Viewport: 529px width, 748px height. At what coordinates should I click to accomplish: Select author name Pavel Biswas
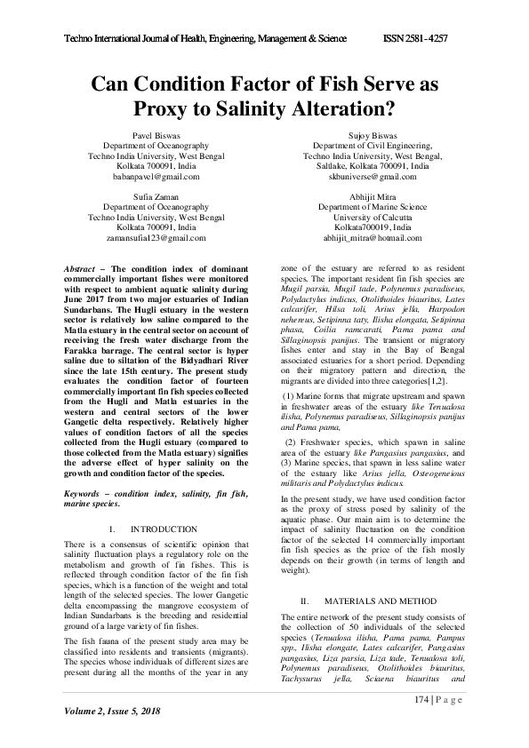click(x=156, y=135)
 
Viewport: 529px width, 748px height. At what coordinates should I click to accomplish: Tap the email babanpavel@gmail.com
click(x=156, y=177)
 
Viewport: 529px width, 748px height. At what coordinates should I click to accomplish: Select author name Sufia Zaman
click(x=156, y=196)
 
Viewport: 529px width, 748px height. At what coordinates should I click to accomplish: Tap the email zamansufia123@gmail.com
click(x=156, y=238)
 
